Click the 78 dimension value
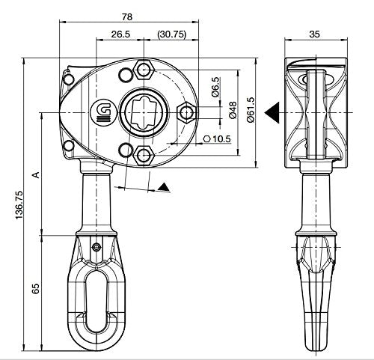(x=127, y=16)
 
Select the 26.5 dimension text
(x=120, y=34)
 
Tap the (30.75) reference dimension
(x=172, y=34)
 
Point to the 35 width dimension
(x=314, y=34)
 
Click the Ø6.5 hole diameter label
(x=215, y=87)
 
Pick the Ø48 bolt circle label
(x=233, y=110)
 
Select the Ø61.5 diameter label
(x=251, y=110)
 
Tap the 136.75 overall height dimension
(x=19, y=205)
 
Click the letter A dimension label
(x=37, y=175)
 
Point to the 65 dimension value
(x=36, y=288)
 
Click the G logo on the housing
(x=104, y=112)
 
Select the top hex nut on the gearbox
(x=144, y=70)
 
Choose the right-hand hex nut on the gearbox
(x=186, y=112)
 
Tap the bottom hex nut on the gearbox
(x=144, y=156)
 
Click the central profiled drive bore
(x=144, y=112)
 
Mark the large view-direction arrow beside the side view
(x=272, y=112)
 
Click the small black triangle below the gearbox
(x=164, y=188)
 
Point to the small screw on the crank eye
(x=96, y=247)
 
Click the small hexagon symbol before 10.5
(x=207, y=139)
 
